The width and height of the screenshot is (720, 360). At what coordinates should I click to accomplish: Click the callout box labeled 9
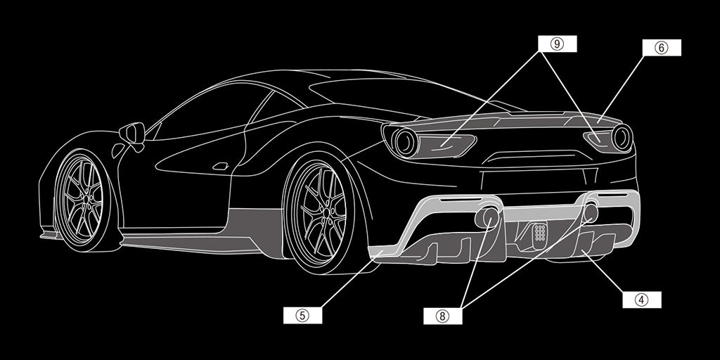(x=557, y=44)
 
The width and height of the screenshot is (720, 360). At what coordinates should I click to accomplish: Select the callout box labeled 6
(x=661, y=48)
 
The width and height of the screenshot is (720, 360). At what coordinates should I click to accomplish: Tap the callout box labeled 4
(x=641, y=300)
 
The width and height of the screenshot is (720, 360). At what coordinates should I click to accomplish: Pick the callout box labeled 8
(x=443, y=316)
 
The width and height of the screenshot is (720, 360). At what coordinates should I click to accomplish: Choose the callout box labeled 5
(x=302, y=315)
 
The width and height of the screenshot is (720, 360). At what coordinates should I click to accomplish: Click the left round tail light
(x=406, y=141)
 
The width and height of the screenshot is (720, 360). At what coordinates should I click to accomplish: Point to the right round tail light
(x=622, y=138)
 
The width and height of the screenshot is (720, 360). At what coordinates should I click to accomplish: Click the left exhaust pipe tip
(x=488, y=217)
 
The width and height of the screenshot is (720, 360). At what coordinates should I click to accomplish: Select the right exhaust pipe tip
(x=590, y=212)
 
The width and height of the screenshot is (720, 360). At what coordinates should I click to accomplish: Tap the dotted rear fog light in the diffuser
(x=540, y=232)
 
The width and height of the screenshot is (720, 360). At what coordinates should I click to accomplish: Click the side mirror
(x=133, y=134)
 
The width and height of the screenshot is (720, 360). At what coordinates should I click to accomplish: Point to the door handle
(x=221, y=166)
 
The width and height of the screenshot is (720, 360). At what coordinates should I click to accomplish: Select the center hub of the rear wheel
(x=326, y=212)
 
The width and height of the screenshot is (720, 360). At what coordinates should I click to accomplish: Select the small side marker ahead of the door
(x=117, y=150)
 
